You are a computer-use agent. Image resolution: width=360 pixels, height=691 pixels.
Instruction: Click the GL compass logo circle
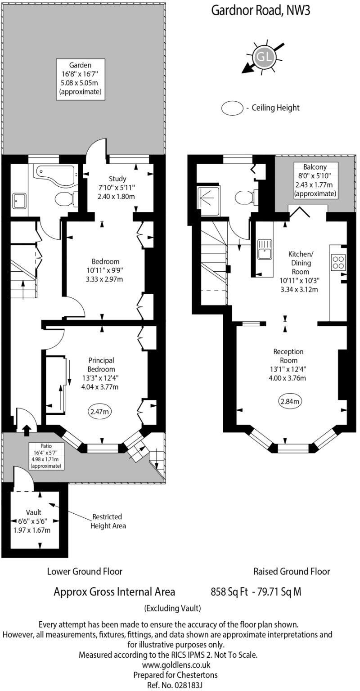tap(265, 56)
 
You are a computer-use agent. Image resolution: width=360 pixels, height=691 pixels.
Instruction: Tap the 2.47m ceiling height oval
tap(99, 411)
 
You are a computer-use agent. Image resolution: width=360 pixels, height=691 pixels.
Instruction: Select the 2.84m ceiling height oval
tap(290, 401)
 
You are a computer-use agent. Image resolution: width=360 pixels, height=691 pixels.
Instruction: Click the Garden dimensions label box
tap(81, 79)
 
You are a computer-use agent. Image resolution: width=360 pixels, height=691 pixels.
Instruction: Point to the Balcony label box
tap(315, 180)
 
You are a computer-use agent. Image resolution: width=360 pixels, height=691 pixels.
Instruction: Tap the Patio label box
tap(46, 456)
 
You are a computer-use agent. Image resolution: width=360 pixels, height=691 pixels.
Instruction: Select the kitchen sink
tap(265, 249)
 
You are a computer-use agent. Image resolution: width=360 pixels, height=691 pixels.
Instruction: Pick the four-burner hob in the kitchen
tap(338, 263)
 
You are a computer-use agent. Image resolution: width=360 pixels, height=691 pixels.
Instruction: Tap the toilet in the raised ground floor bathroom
tap(246, 197)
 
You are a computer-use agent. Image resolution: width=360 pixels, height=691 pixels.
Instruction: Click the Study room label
tap(117, 179)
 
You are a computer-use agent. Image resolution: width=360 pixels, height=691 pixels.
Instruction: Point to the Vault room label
tap(34, 512)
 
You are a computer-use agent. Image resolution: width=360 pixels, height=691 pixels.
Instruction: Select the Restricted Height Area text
tap(108, 521)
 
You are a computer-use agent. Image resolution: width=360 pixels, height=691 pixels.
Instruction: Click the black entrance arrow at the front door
tap(27, 430)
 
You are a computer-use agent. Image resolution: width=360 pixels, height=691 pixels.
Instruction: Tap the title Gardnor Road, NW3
tap(261, 10)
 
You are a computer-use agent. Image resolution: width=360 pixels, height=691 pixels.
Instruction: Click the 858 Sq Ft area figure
tap(229, 592)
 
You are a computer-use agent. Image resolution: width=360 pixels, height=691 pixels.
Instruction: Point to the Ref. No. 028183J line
tap(175, 685)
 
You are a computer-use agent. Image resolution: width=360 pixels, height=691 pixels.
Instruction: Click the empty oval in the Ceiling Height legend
tap(232, 108)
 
